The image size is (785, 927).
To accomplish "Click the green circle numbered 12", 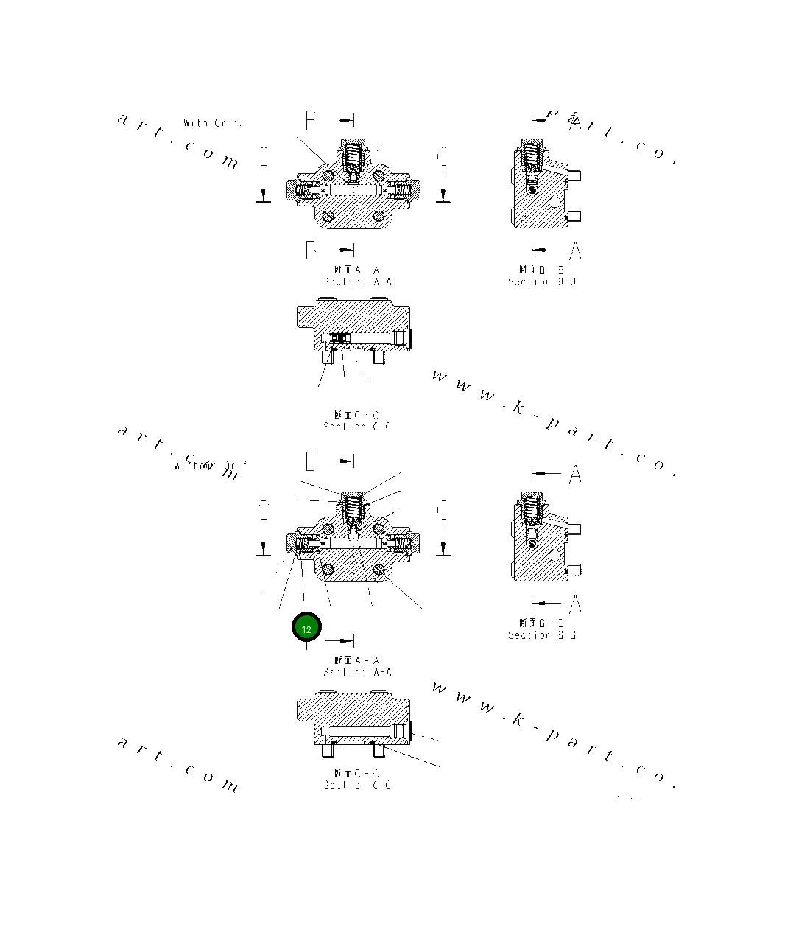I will click(306, 628).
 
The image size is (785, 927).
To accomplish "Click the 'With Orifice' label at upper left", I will click(211, 123).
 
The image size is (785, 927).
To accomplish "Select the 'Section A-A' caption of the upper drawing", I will click(357, 281).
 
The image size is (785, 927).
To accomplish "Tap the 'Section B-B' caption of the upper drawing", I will click(541, 281).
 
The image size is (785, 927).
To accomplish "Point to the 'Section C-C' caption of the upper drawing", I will click(356, 427).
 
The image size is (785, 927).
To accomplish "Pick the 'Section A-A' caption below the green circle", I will click(357, 672).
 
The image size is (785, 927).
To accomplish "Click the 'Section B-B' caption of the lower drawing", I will click(541, 634).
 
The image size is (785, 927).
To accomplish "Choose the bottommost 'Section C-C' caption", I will click(356, 785).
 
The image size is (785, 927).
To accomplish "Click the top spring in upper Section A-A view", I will click(354, 155).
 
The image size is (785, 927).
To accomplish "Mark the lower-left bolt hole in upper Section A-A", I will click(328, 216).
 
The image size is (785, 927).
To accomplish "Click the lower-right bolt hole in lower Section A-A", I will click(379, 569).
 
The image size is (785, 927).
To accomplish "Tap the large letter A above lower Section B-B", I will click(575, 475).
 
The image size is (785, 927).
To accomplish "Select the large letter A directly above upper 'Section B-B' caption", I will click(575, 251).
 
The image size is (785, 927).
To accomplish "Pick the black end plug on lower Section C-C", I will click(409, 730).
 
